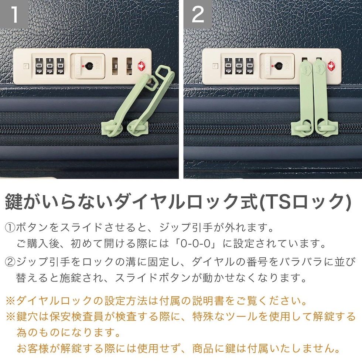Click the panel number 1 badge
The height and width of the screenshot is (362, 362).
pos(14,14)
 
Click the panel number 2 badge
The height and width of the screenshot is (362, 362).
pos(198,14)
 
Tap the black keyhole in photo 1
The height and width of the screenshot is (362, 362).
pos(88,66)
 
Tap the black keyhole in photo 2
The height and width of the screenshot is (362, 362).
pos(278,66)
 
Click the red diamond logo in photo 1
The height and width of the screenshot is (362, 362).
pos(142,66)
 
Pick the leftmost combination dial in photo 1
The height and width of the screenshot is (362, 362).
pos(39,66)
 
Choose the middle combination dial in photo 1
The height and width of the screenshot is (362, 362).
pos(49,66)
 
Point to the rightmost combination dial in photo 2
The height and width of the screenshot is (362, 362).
pos(250,66)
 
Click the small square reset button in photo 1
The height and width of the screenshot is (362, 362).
pos(26,66)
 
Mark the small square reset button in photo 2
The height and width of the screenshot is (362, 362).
pos(215,66)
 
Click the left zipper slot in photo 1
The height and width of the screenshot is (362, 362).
pos(115,66)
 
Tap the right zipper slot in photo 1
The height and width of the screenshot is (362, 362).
pos(129,66)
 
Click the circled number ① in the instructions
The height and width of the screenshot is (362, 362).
pos(10,228)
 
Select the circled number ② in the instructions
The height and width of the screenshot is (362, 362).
pos(10,262)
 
